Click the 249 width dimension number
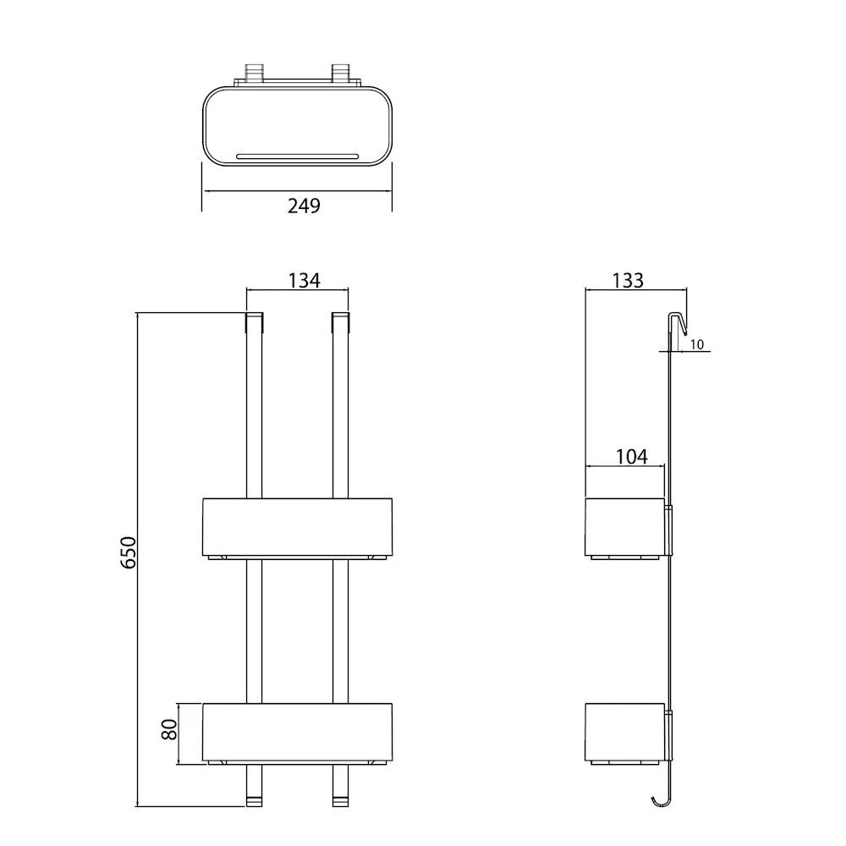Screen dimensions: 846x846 (x=304, y=205)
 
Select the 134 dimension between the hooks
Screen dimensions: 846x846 (x=304, y=280)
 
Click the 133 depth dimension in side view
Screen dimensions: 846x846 (x=627, y=280)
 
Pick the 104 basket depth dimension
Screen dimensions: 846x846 (x=631, y=457)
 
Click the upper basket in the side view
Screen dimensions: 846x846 (x=626, y=525)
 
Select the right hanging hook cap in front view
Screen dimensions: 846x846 (x=340, y=322)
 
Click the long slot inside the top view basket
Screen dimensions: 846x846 (x=297, y=156)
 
